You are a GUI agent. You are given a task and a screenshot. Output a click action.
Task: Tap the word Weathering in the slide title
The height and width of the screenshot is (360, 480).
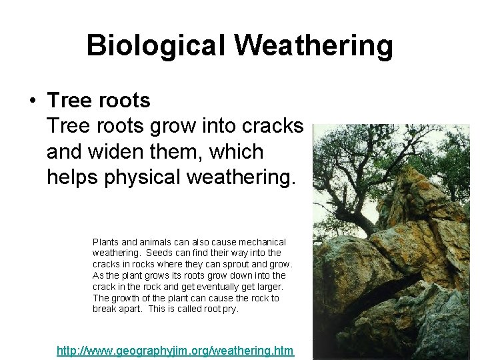pos(313,46)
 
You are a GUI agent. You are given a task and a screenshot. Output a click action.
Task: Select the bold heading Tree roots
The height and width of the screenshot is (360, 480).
pos(99,101)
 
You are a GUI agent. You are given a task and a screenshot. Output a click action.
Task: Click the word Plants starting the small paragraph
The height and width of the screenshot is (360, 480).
pos(106,242)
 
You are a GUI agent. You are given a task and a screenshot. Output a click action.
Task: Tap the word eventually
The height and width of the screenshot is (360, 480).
pos(203,287)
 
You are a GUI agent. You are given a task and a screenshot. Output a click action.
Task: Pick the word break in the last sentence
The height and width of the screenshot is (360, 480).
pos(105,309)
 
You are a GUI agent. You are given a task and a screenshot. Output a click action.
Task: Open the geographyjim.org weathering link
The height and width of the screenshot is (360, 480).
pos(175,350)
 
